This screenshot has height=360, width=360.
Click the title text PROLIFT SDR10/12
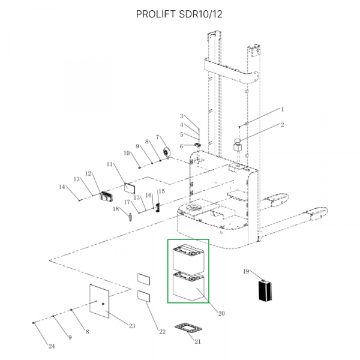pyautogui.click(x=179, y=14)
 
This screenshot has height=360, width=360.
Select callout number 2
pyautogui.click(x=282, y=125)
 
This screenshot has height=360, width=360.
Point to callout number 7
pyautogui.click(x=157, y=137)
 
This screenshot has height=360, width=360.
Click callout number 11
pyautogui.click(x=110, y=164)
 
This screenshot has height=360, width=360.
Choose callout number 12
pyautogui.click(x=88, y=174)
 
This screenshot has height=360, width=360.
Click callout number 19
pyautogui.click(x=246, y=272)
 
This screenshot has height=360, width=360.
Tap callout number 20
pyautogui.click(x=221, y=313)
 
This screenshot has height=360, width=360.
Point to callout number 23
pyautogui.click(x=132, y=326)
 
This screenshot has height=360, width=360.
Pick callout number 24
pyautogui.click(x=51, y=346)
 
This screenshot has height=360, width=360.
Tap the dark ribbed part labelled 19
pyautogui.click(x=265, y=291)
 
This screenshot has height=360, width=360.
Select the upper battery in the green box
pyautogui.click(x=188, y=258)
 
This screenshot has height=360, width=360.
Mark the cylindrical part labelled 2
pyautogui.click(x=238, y=146)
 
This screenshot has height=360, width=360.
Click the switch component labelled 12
pyautogui.click(x=107, y=196)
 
